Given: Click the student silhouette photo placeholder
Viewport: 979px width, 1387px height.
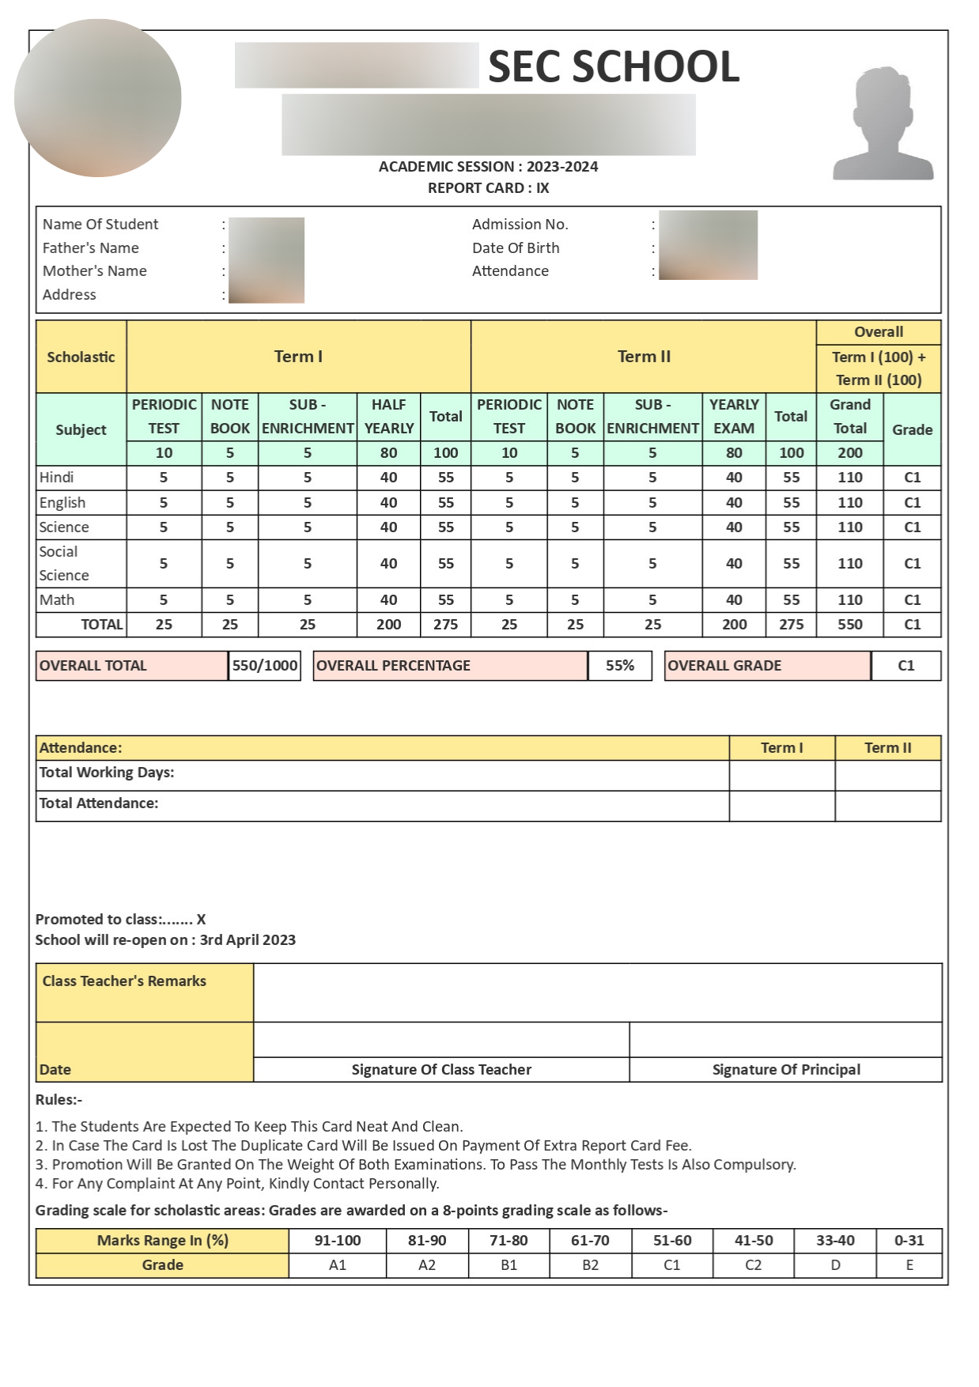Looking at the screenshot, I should point(883,123).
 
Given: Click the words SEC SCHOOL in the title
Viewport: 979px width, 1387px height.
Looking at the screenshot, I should point(614,66).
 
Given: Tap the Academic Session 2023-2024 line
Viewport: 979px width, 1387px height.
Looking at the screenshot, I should point(488,167).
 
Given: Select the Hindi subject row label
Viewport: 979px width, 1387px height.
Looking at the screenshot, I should point(57,478).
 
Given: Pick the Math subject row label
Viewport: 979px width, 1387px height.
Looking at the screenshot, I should point(57,600).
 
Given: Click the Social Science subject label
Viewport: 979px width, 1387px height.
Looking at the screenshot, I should point(63,564).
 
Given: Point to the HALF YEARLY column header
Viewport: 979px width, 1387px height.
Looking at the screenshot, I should point(388,416).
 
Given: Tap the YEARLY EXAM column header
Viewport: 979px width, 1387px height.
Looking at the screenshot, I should point(734,416).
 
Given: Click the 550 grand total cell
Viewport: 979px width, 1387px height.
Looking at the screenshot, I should point(850,625).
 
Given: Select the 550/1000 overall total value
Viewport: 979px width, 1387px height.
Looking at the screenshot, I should point(265,666).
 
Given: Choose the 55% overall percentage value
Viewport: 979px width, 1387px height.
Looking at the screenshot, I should point(620,666).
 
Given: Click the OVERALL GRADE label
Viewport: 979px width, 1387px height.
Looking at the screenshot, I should point(724,666).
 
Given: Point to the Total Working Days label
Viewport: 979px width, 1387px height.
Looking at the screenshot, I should point(107,773).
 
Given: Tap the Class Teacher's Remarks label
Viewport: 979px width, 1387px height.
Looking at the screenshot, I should point(124,981).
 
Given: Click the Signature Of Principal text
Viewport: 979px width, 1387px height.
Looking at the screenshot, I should point(786,1070).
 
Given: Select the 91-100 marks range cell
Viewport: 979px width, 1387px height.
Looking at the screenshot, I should point(338,1241).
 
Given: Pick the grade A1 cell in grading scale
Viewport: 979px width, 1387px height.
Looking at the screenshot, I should point(338,1265).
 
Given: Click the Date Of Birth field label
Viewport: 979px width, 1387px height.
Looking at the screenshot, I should point(516,248).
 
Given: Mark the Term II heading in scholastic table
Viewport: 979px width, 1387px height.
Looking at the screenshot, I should point(644,357).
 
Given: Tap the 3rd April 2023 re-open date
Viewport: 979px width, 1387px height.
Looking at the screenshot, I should point(248,940).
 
